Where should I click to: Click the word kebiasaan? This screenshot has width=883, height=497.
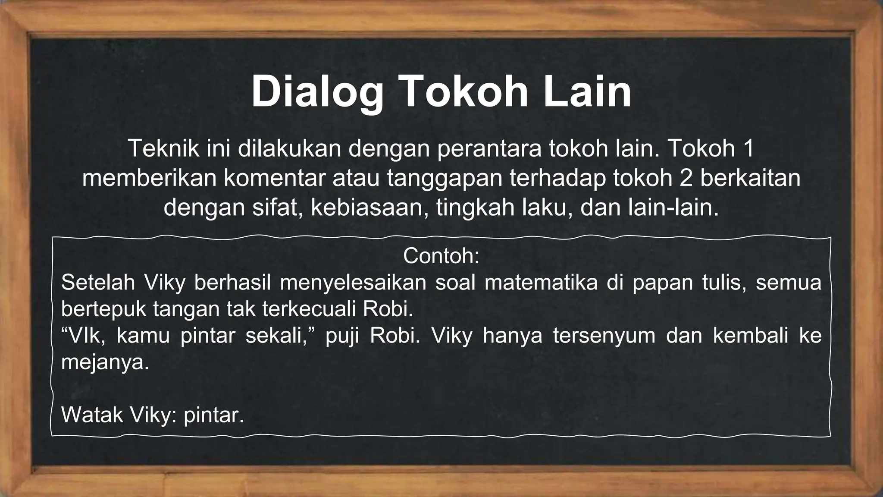[x=369, y=208]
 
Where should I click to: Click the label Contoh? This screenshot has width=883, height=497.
[x=441, y=256]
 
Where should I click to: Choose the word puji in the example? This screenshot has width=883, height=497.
[x=342, y=336]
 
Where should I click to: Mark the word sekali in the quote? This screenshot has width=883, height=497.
[x=276, y=336]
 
